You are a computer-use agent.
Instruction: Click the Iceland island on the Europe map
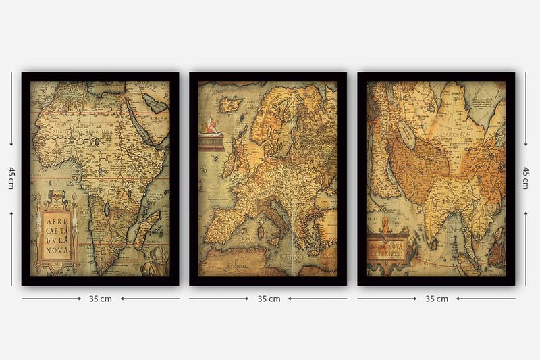231,105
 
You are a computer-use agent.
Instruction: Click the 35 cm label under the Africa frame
101,299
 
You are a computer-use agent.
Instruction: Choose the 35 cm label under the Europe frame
268,299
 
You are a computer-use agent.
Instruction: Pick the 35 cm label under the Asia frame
436,299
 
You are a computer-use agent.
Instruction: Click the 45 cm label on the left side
10,178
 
